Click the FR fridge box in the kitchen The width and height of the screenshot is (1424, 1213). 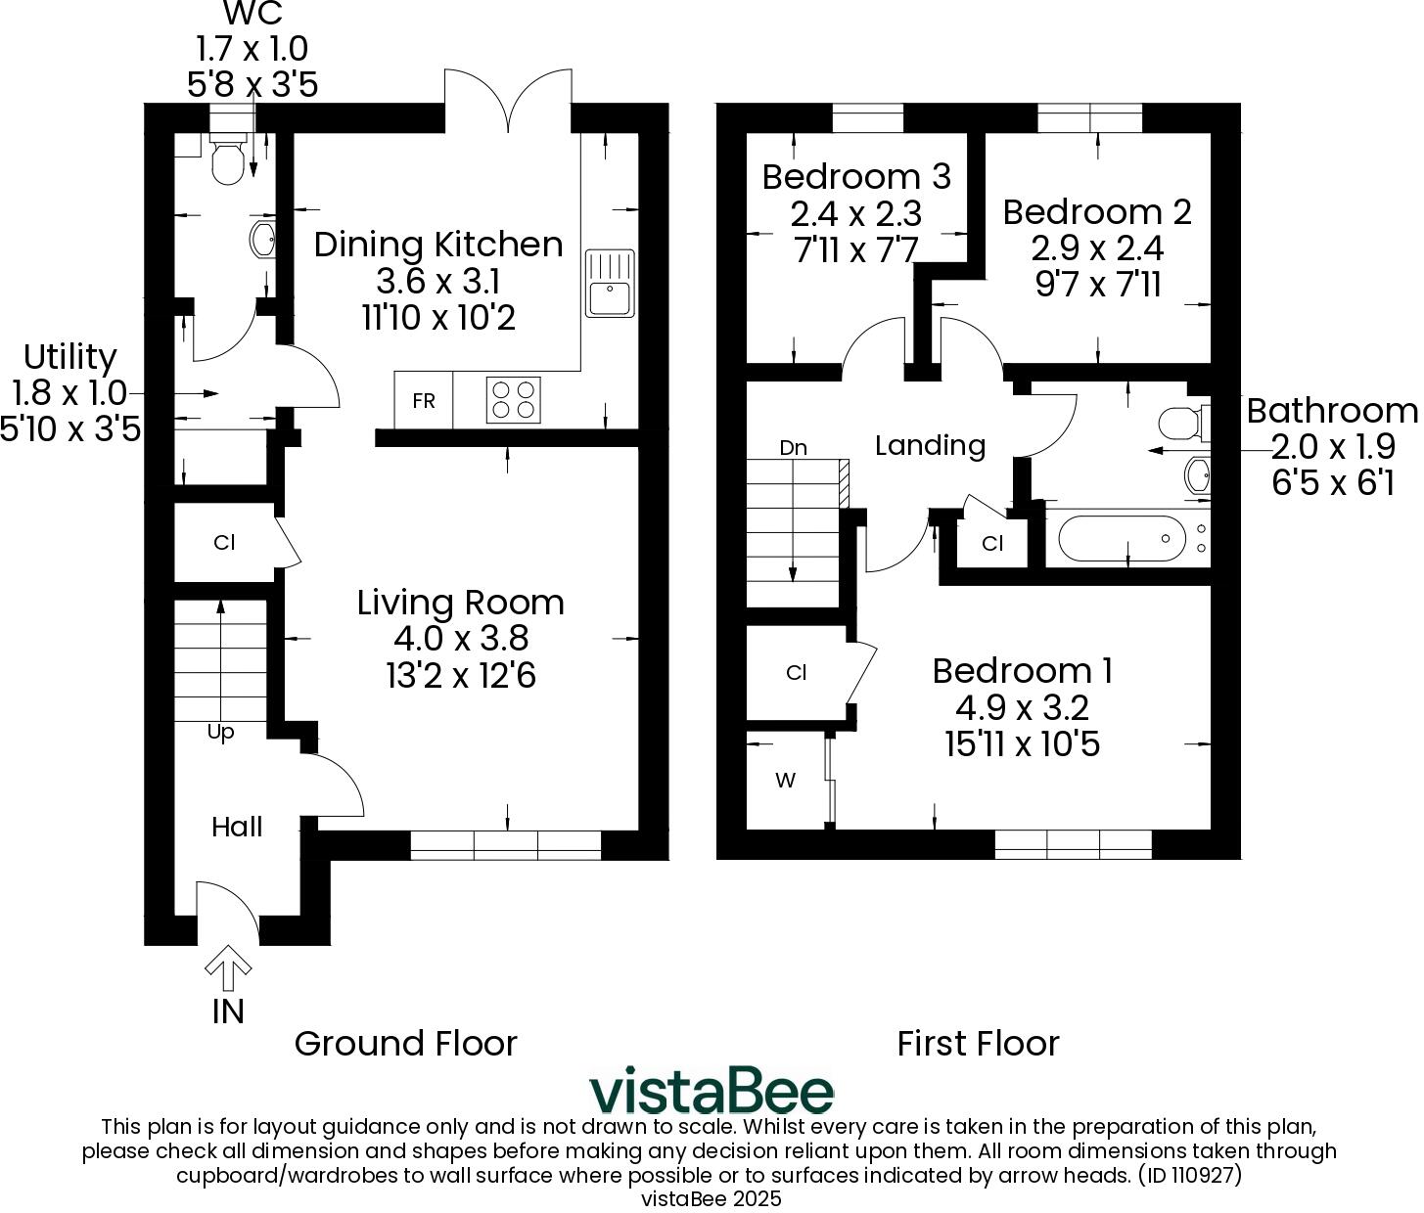point(424,401)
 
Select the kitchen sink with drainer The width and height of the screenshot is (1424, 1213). point(610,284)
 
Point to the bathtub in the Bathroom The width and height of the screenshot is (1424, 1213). point(1122,538)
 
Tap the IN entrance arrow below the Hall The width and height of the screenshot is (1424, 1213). point(228,969)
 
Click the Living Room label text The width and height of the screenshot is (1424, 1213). point(460,602)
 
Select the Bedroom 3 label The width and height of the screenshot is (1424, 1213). point(856,177)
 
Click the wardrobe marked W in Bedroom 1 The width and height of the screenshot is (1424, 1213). point(786,781)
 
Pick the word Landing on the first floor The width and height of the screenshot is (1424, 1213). point(930,446)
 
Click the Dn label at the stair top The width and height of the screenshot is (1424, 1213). point(794,448)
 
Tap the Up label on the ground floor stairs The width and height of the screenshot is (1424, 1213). point(221,732)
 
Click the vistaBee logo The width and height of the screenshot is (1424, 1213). point(712,1091)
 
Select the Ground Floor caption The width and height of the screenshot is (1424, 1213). point(405,1044)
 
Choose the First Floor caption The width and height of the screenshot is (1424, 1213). point(978,1044)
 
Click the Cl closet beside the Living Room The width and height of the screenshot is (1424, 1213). point(224,542)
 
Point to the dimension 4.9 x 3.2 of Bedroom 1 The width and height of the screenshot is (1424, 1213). point(1022,707)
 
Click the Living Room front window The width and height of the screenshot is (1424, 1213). point(506,845)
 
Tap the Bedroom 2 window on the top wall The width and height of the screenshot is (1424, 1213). point(1089,118)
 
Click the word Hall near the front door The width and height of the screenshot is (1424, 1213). point(237,828)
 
